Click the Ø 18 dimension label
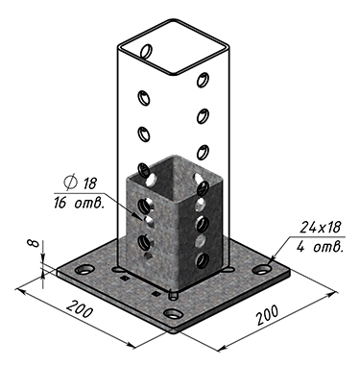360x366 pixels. point(80,183)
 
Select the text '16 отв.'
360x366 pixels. point(79,204)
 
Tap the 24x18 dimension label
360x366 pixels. point(321,227)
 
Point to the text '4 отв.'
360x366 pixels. point(320,247)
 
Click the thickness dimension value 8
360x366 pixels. point(35,244)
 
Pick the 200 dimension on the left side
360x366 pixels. point(80,309)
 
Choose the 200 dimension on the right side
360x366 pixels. point(267,315)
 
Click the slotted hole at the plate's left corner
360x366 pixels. point(84,269)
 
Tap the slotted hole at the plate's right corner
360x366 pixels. point(262,269)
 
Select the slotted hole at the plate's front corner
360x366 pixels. point(173,314)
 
